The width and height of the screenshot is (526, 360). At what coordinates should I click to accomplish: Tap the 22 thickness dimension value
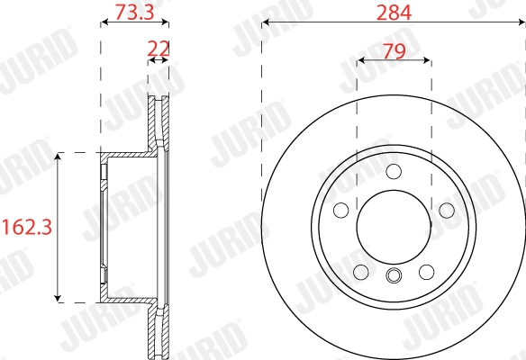tap(159, 47)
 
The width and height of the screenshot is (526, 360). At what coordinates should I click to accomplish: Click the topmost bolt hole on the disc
tap(393, 172)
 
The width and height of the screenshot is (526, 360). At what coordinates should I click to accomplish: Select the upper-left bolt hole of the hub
tap(340, 211)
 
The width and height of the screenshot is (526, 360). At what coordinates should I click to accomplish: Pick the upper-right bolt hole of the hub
tap(446, 211)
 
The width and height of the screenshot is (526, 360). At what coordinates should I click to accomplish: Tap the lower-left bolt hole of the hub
tap(360, 272)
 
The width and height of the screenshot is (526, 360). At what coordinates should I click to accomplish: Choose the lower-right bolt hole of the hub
tap(426, 272)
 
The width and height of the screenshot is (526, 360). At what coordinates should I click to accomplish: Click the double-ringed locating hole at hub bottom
tap(393, 275)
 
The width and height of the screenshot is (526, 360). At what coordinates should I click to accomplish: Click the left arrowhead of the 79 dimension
tap(361, 61)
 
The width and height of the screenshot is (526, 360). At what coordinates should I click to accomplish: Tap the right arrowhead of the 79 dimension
tap(426, 61)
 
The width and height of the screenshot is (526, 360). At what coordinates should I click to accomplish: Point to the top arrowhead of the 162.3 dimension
tap(59, 157)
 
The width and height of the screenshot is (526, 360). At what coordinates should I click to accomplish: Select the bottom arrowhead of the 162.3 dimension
tap(59, 296)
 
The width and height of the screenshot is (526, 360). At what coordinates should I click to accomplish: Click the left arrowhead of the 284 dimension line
tap(265, 24)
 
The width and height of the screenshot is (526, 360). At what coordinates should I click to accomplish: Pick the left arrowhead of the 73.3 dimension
tap(103, 24)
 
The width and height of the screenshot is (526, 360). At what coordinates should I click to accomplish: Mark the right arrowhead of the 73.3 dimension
tap(166, 24)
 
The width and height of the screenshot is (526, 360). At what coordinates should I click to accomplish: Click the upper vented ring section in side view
tap(159, 121)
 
